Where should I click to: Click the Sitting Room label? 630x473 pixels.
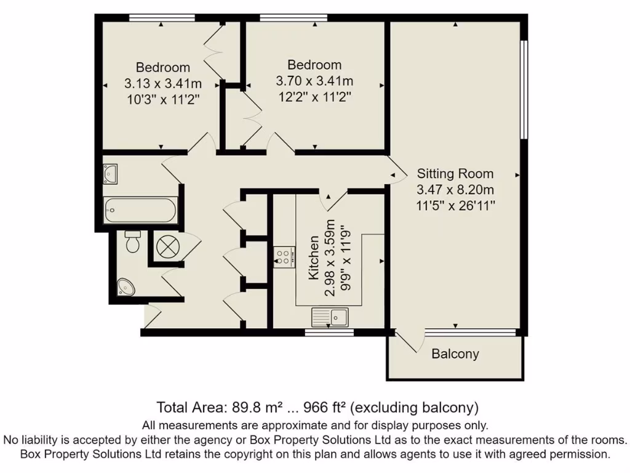click(455, 174)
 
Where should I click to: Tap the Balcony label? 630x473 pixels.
click(455, 354)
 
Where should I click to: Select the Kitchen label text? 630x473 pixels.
click(314, 257)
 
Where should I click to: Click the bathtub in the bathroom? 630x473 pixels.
click(140, 211)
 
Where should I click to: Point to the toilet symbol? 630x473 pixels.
click(132, 241)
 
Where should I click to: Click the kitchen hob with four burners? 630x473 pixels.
click(284, 257)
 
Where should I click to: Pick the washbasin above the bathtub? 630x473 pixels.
click(111, 173)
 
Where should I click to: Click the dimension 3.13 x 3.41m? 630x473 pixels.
click(163, 83)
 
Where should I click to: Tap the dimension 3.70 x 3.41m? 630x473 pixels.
click(314, 81)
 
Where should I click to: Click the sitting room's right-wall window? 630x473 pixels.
click(524, 90)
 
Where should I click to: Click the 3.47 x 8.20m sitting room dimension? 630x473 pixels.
click(455, 189)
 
